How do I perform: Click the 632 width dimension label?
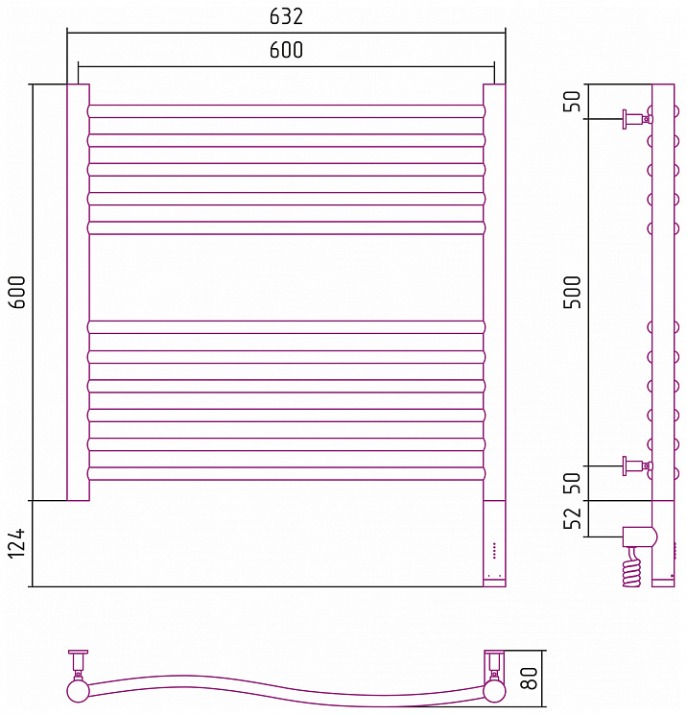(286, 17)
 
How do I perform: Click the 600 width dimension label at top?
(286, 50)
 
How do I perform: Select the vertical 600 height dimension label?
(17, 293)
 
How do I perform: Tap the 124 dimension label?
(16, 543)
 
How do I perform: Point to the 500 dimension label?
(573, 293)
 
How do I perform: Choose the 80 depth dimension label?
(529, 679)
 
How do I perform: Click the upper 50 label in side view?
(573, 101)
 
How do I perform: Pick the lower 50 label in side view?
(573, 483)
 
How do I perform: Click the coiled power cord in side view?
(632, 568)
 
